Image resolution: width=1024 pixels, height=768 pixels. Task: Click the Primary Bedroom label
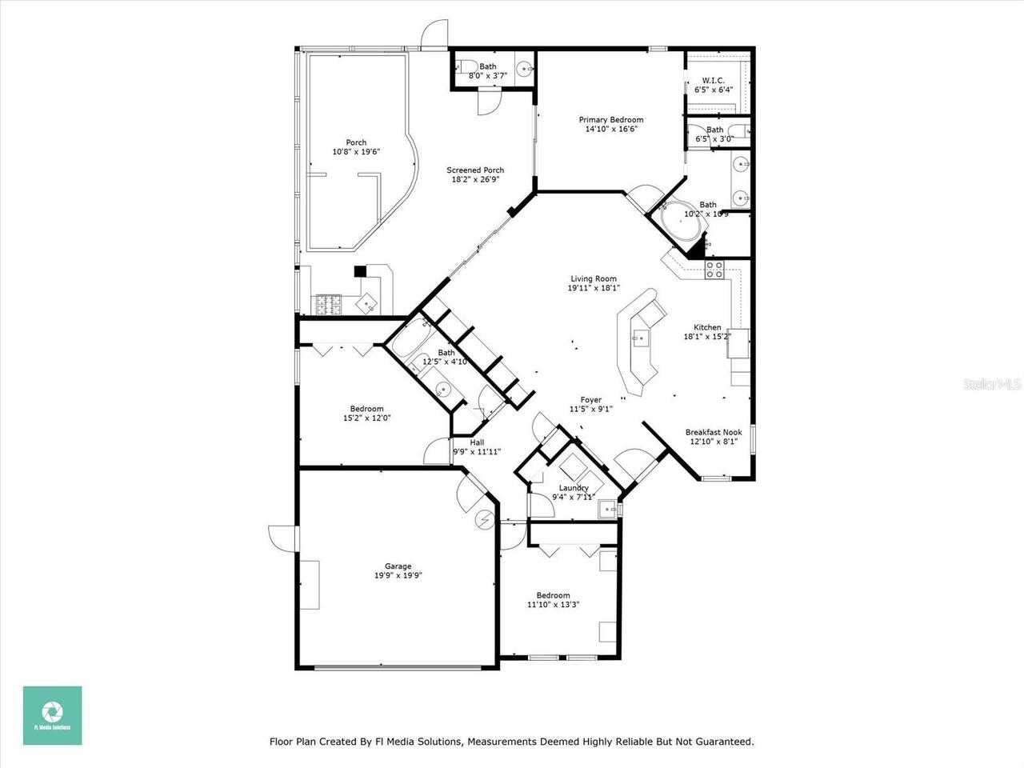point(610,120)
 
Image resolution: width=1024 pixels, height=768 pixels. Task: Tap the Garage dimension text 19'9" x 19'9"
point(398,575)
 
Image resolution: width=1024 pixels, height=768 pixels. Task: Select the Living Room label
point(593,279)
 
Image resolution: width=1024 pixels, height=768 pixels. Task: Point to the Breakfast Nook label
point(714,433)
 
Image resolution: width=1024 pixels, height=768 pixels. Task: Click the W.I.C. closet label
point(713,81)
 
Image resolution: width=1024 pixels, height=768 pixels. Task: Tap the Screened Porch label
point(475,170)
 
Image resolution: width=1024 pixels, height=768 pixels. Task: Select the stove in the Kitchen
point(714,270)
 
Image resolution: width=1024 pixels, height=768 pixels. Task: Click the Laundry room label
point(574,488)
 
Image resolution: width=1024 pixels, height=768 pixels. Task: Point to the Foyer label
point(590,400)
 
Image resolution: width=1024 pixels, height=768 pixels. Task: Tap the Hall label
point(477,442)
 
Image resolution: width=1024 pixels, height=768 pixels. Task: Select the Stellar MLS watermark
point(992,385)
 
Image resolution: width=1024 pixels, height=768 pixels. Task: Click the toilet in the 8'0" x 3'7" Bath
point(470,66)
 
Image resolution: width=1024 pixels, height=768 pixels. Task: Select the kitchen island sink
point(641,338)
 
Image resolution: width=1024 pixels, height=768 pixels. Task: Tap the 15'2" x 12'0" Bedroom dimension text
point(367,418)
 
